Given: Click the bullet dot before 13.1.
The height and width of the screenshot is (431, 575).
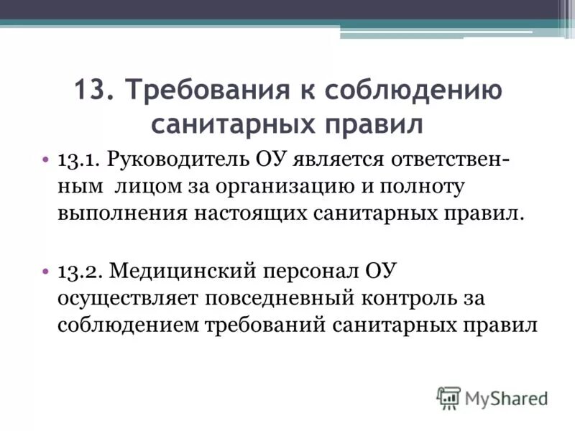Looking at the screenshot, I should [46, 158].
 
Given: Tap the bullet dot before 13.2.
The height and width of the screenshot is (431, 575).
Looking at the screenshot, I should [46, 271].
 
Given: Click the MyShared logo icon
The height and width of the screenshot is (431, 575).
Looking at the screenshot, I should [448, 397].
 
